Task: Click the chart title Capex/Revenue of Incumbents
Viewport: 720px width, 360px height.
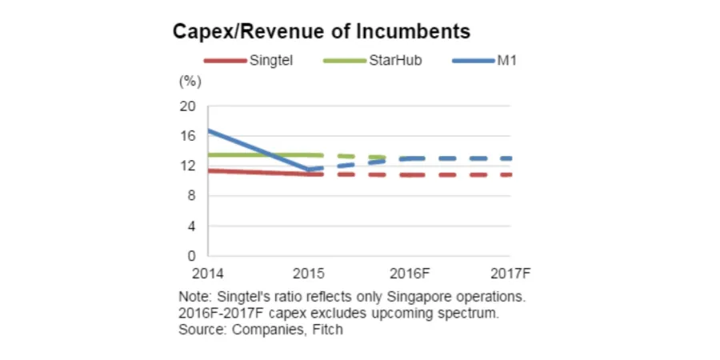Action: click(x=321, y=32)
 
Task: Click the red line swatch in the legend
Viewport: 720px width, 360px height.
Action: click(x=224, y=61)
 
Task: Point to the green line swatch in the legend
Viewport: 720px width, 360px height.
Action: click(x=343, y=61)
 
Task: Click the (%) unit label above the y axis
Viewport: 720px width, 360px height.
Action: click(x=190, y=81)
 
